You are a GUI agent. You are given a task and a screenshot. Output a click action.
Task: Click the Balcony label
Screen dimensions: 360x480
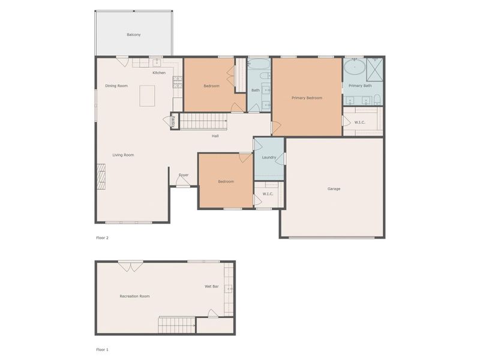(134, 35)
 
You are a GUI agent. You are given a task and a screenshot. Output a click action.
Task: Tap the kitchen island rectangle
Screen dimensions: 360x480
(147, 95)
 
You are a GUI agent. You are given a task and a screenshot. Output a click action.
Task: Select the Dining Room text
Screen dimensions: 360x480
(116, 86)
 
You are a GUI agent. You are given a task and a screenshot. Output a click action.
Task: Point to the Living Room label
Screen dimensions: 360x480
(123, 155)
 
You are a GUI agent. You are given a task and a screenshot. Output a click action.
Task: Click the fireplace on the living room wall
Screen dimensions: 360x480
(101, 176)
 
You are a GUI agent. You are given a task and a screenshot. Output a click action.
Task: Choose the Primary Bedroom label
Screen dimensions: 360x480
(307, 98)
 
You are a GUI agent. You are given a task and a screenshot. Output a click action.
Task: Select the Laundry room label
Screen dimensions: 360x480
(269, 158)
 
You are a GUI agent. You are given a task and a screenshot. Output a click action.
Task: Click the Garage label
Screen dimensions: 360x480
(334, 189)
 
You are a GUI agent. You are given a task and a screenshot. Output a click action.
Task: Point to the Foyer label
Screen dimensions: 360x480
(184, 175)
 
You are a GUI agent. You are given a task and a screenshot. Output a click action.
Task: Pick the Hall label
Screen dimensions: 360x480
(215, 136)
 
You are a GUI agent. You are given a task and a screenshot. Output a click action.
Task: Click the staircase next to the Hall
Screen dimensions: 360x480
(203, 122)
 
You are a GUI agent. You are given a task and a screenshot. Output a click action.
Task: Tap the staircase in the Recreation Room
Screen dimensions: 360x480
(177, 325)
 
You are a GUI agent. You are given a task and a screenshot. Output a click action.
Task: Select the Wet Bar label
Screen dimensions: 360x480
(211, 286)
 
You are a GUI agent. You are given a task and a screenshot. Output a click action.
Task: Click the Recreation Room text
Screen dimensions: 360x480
(134, 296)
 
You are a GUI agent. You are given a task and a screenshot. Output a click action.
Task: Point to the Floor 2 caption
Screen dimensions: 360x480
(103, 238)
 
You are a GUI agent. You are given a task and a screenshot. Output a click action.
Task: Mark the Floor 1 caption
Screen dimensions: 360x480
(103, 350)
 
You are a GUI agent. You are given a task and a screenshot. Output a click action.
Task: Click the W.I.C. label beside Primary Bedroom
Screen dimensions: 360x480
(359, 122)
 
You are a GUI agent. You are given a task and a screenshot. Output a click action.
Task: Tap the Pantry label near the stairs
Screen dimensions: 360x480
(174, 121)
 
